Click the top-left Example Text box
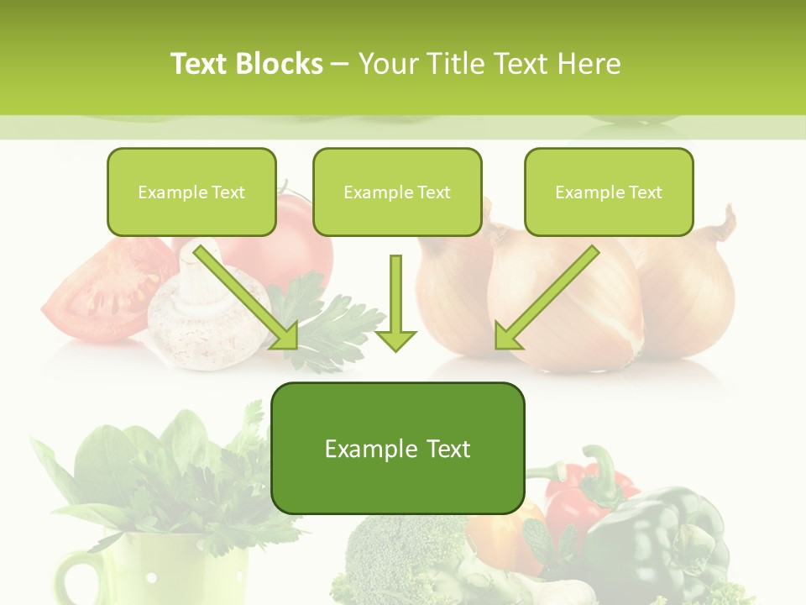tap(191, 192)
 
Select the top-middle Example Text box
tap(397, 192)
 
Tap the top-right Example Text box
tap(609, 192)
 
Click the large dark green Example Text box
tap(397, 448)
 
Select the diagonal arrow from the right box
tap(546, 298)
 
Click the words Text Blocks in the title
tap(247, 64)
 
